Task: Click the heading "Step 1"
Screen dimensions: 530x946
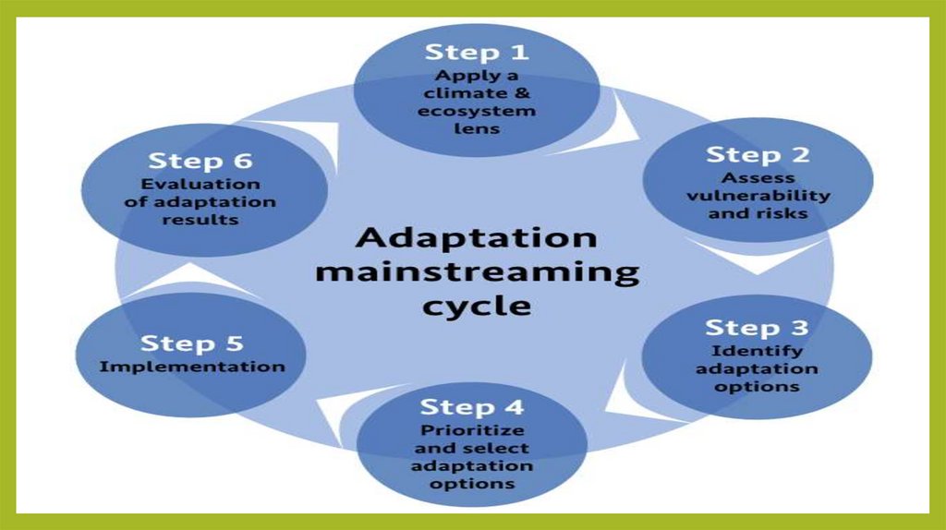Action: coord(477,52)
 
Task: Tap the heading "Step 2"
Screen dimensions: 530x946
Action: coord(758,154)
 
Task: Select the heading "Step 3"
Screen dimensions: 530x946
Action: coord(757,328)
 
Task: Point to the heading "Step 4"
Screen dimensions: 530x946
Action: coord(471,407)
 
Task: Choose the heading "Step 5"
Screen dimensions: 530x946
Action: coord(191,344)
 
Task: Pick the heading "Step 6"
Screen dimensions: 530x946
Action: coord(200,161)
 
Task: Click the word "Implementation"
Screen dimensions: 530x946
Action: coord(192,367)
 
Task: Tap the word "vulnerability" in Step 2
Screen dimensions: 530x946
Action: coord(758,196)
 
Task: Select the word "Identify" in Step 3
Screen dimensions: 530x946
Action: coord(757,351)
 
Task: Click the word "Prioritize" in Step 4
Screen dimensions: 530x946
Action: coord(472,430)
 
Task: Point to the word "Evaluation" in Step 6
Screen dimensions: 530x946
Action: coord(200,184)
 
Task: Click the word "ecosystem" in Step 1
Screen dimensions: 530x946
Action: coord(477,111)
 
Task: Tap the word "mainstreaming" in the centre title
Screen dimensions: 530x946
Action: coord(477,272)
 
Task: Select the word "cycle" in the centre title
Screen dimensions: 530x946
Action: coord(477,306)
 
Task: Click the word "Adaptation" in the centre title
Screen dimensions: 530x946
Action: coord(477,238)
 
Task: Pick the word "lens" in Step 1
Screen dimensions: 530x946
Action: coord(477,128)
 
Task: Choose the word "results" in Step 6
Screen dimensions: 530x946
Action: coord(200,220)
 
